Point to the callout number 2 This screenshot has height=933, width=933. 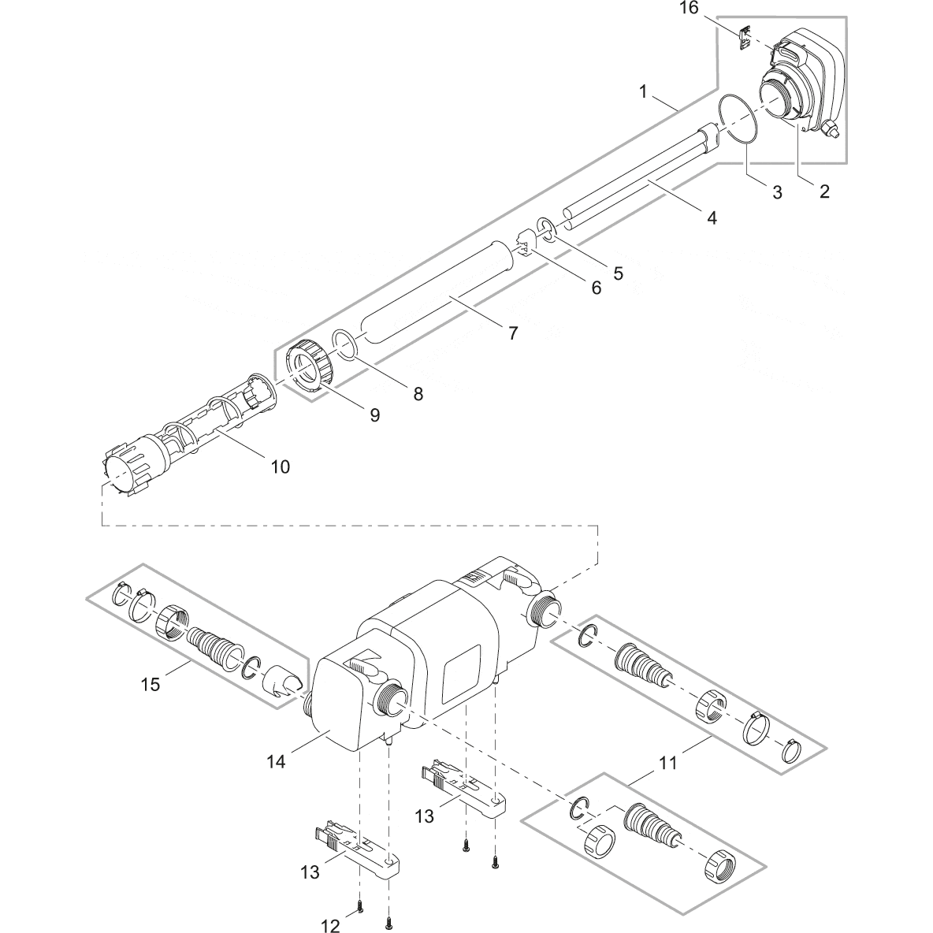click(x=824, y=191)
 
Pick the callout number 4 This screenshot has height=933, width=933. click(x=711, y=217)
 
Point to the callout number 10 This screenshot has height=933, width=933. click(x=280, y=466)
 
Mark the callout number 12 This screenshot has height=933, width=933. click(x=331, y=927)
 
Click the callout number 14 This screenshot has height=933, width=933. click(x=275, y=762)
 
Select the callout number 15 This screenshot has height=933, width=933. click(x=150, y=683)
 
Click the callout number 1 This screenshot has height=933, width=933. click(x=643, y=92)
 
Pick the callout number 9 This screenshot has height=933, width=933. click(x=374, y=414)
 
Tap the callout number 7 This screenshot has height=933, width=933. click(x=512, y=333)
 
